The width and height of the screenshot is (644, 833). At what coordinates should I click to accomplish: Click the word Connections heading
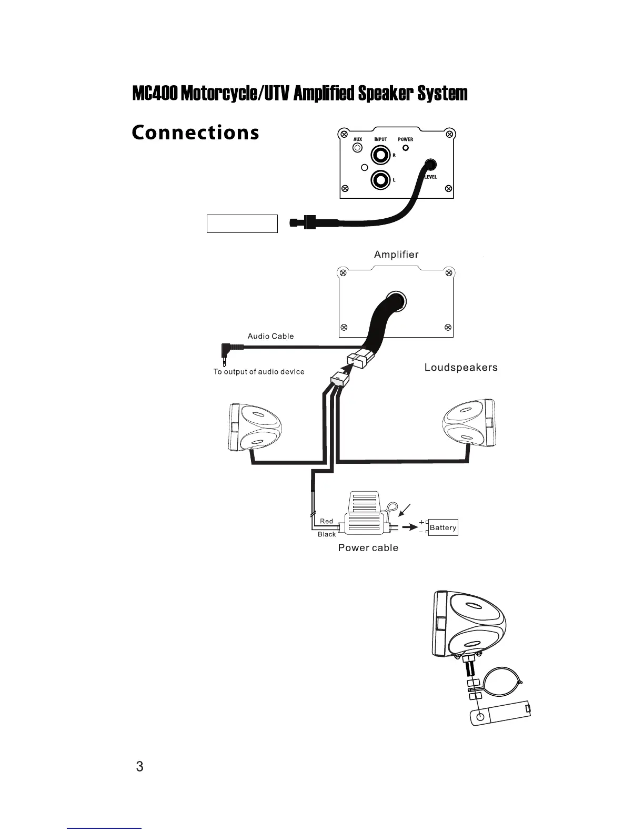(x=195, y=133)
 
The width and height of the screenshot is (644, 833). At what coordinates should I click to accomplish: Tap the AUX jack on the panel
(x=358, y=148)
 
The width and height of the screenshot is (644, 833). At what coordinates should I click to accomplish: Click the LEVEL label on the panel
(x=430, y=177)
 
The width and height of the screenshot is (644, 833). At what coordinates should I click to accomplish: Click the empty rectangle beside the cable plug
(x=242, y=224)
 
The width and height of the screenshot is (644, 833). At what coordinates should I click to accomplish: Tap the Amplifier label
(x=396, y=255)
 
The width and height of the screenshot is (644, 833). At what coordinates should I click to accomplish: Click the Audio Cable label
(x=270, y=336)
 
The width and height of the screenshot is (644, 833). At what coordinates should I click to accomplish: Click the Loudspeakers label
(x=461, y=368)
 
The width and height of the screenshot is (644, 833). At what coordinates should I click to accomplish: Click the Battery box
(x=443, y=527)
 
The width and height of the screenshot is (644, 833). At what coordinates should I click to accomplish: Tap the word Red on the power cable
(x=326, y=521)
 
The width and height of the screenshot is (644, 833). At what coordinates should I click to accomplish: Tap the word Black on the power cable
(x=326, y=534)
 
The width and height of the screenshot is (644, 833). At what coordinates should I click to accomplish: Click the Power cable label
(x=368, y=548)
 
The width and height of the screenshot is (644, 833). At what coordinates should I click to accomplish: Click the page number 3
(x=139, y=766)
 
